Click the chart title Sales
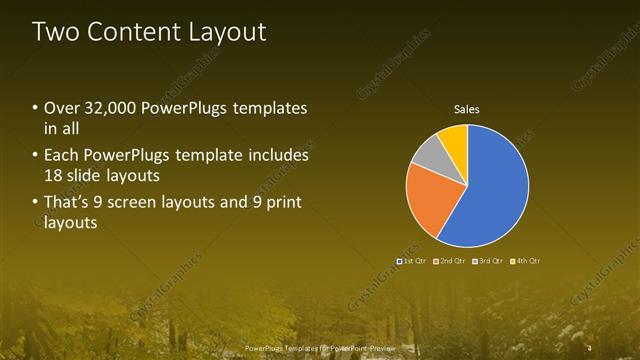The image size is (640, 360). pyautogui.click(x=467, y=108)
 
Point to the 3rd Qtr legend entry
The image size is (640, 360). pyautogui.click(x=486, y=260)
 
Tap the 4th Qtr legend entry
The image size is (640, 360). pyautogui.click(x=524, y=260)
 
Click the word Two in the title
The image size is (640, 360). pyautogui.click(x=54, y=32)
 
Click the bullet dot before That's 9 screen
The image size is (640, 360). pyautogui.click(x=36, y=203)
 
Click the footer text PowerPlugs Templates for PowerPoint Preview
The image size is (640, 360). pyautogui.click(x=319, y=348)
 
